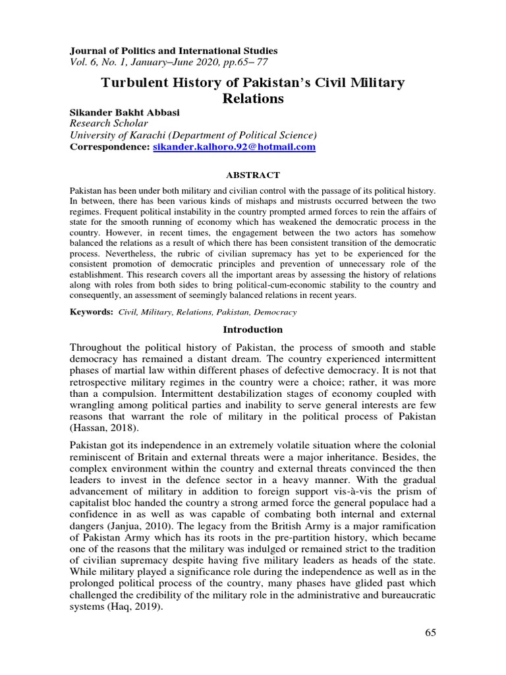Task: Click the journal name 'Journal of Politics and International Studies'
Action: pyautogui.click(x=174, y=51)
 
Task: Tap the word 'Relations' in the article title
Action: pyautogui.click(x=252, y=99)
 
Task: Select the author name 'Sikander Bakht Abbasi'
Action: pyautogui.click(x=125, y=113)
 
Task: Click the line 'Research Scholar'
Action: pyautogui.click(x=109, y=124)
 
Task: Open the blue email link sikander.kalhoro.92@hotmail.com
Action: pyautogui.click(x=234, y=148)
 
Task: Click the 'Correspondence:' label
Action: pyautogui.click(x=110, y=148)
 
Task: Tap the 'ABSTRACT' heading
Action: pyautogui.click(x=253, y=175)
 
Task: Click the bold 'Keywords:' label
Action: pyautogui.click(x=92, y=311)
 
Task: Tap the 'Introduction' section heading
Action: pyautogui.click(x=252, y=330)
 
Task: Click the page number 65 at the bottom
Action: pyautogui.click(x=430, y=633)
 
